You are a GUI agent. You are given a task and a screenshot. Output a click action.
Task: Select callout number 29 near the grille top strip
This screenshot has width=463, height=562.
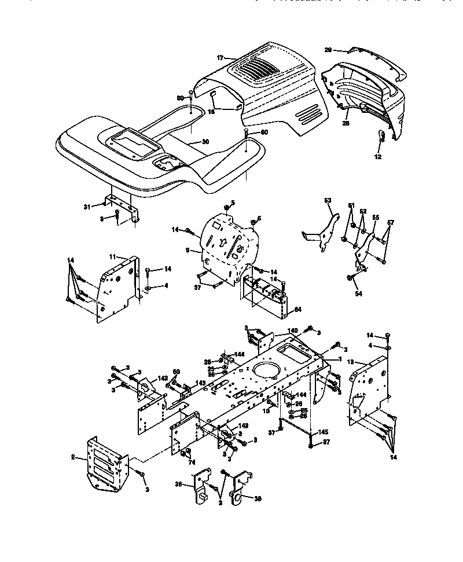tap(328, 50)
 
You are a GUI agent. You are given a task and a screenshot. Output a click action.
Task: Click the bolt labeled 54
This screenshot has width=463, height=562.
tap(351, 279)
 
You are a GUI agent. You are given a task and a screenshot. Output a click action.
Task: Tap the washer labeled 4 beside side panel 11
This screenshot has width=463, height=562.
tap(149, 286)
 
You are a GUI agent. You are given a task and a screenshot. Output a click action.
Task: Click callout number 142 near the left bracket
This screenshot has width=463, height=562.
tap(163, 378)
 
